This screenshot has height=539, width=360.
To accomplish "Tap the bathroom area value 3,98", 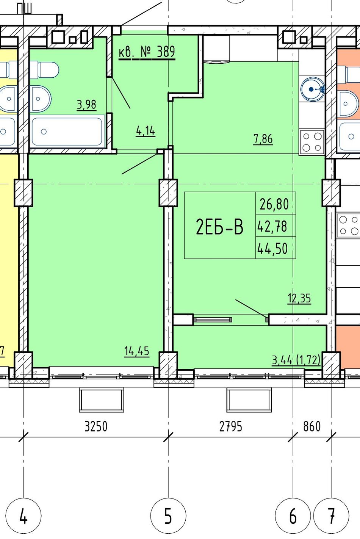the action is (87, 105).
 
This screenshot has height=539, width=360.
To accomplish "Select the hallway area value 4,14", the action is (146, 131).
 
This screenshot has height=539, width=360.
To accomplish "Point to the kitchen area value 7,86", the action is (263, 139).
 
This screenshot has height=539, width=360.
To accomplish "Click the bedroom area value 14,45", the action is (137, 351).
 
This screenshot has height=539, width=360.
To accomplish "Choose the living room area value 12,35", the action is (299, 298).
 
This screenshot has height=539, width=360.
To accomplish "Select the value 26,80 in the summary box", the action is (274, 204).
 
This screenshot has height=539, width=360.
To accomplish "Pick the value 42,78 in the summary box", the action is (272, 226).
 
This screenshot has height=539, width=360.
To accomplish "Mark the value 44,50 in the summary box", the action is (272, 249).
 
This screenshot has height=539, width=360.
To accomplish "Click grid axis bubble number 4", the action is (23, 515).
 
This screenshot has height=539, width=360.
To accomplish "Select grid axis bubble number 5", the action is (168, 515).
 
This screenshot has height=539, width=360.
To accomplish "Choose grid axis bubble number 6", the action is (293, 515).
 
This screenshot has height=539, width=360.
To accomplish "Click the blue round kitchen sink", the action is (312, 89).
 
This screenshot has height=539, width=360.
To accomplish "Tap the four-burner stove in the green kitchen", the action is (312, 142).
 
